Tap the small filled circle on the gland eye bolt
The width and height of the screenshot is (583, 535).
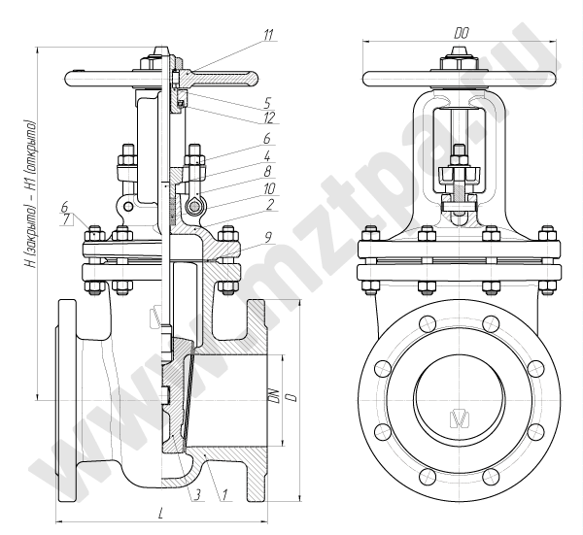click(x=195, y=207)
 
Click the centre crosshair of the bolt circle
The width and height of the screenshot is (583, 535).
click(x=458, y=398)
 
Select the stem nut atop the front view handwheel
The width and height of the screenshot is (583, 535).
click(x=458, y=63)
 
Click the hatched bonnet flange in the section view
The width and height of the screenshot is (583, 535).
click(x=224, y=258)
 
